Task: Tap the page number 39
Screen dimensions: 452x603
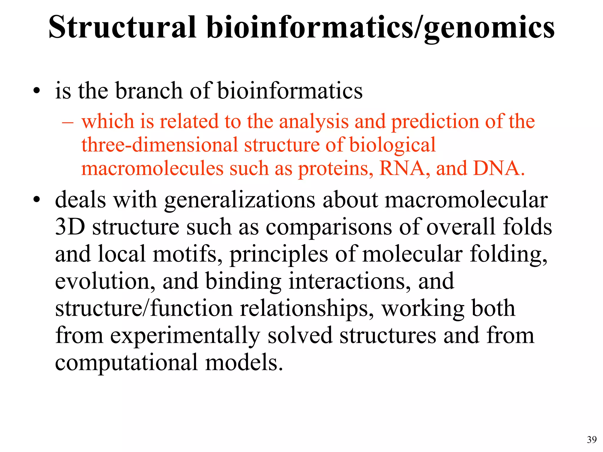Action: point(592,440)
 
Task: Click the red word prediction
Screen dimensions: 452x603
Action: point(435,121)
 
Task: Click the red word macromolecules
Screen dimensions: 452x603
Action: point(152,169)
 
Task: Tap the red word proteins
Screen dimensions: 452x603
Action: point(335,169)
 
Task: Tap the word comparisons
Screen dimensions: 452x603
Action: point(329,227)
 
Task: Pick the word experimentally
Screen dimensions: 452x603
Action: point(185,336)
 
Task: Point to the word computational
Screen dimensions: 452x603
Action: point(126,362)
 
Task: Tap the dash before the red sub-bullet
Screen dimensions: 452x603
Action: point(67,122)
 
